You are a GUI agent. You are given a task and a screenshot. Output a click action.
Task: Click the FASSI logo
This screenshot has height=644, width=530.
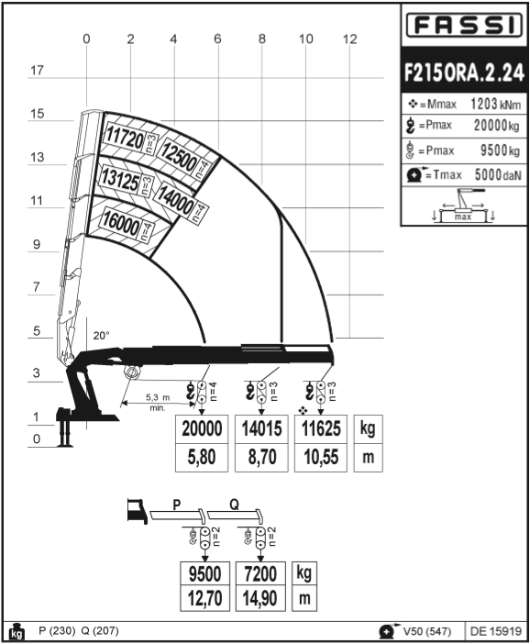pyautogui.click(x=464, y=25)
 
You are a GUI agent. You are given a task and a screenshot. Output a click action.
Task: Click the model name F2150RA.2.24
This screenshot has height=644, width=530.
pyautogui.click(x=464, y=72)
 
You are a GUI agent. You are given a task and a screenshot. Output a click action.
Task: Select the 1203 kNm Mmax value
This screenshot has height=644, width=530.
pyautogui.click(x=496, y=104)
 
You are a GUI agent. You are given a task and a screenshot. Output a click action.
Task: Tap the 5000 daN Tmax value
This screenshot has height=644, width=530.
pyautogui.click(x=498, y=174)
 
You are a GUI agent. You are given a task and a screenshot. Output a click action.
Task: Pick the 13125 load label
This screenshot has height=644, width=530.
pyautogui.click(x=120, y=179)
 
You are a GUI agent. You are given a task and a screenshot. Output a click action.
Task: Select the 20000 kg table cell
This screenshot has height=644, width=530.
pyautogui.click(x=202, y=428)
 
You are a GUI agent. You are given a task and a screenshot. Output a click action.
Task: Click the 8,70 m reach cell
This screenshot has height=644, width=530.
pyautogui.click(x=261, y=457)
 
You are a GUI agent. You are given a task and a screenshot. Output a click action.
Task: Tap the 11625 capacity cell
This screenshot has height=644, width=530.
pyautogui.click(x=321, y=428)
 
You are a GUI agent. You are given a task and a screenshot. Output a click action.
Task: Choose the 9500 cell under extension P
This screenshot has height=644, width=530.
pyautogui.click(x=204, y=573)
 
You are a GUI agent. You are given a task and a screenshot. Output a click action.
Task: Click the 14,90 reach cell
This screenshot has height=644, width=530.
pyautogui.click(x=260, y=598)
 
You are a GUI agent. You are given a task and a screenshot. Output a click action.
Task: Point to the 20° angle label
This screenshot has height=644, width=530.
pyautogui.click(x=102, y=336)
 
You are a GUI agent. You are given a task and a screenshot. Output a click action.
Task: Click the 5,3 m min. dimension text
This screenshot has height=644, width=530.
pyautogui.click(x=158, y=403)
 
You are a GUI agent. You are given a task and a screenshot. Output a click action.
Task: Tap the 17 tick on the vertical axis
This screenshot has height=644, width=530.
pyautogui.click(x=37, y=71)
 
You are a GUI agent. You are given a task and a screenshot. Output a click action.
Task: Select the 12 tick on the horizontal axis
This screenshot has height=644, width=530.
pyautogui.click(x=349, y=39)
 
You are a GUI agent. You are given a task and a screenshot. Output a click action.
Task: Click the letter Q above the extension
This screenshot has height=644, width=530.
pyautogui.click(x=234, y=505)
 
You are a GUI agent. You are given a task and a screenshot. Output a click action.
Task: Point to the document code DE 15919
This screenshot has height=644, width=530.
pyautogui.click(x=496, y=630)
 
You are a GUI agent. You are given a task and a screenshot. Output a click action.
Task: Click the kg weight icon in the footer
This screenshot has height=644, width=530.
pyautogui.click(x=17, y=632)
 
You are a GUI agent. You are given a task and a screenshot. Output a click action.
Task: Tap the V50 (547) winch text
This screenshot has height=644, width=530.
pyautogui.click(x=427, y=631)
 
